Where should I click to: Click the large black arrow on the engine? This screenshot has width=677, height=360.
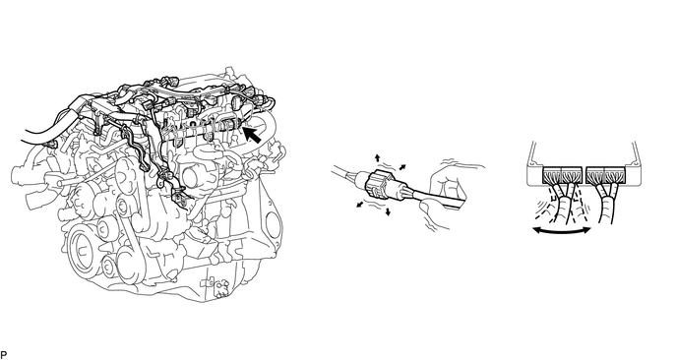tap(253, 134)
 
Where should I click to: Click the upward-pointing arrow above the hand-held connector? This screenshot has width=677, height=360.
tap(378, 157)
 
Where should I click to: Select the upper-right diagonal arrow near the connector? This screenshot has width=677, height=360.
tap(402, 167)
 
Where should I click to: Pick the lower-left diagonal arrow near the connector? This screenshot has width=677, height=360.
tap(360, 205)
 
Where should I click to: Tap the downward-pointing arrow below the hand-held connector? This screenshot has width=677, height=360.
tap(388, 211)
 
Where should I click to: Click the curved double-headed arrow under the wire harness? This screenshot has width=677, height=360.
tap(562, 231)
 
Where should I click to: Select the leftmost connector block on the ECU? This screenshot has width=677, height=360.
tap(552, 175)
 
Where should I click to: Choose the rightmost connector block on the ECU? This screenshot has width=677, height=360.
tap(614, 175)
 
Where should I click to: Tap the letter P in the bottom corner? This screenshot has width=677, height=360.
tap(4, 355)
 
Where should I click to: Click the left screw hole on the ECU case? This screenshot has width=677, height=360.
tap(533, 164)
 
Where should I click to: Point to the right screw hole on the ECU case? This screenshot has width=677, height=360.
tap(635, 164)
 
